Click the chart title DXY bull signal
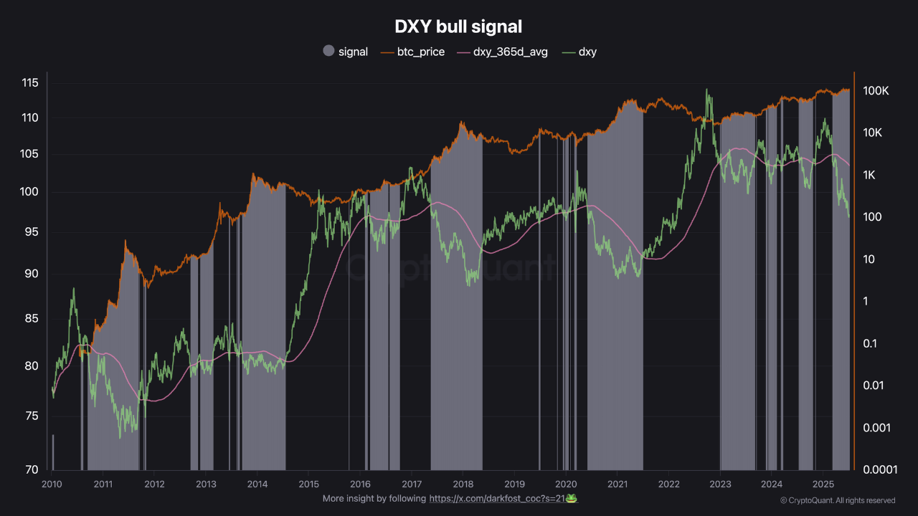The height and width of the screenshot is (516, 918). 458,27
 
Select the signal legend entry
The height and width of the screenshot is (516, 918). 346,52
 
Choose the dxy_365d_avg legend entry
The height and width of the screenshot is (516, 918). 502,52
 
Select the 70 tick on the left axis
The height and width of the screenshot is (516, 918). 31,470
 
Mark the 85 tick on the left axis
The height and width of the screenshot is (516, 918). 31,319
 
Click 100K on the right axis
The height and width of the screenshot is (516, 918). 876,91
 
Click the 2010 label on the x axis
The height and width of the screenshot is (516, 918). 50,484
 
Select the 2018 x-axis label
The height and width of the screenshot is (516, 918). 463,484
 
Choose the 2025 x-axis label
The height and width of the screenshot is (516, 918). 823,484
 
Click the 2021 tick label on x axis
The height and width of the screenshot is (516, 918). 617,484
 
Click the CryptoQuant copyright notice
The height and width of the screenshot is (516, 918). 837,500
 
